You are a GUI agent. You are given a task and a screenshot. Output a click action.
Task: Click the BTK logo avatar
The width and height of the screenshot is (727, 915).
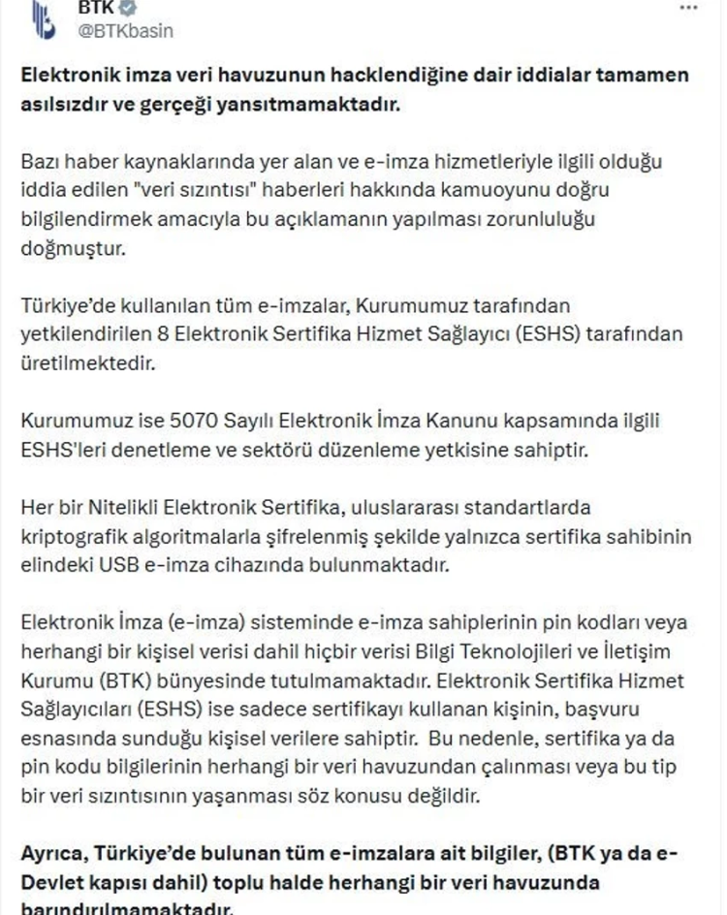click(42, 19)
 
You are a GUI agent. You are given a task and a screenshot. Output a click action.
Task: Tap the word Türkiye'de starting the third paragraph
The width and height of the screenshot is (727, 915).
click(61, 305)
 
